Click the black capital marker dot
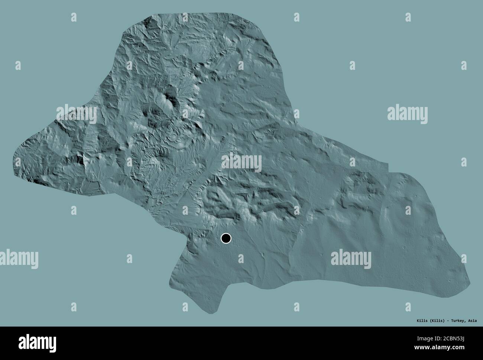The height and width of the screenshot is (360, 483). pyautogui.click(x=226, y=238)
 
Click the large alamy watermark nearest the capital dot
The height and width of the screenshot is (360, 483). pyautogui.click(x=241, y=163)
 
